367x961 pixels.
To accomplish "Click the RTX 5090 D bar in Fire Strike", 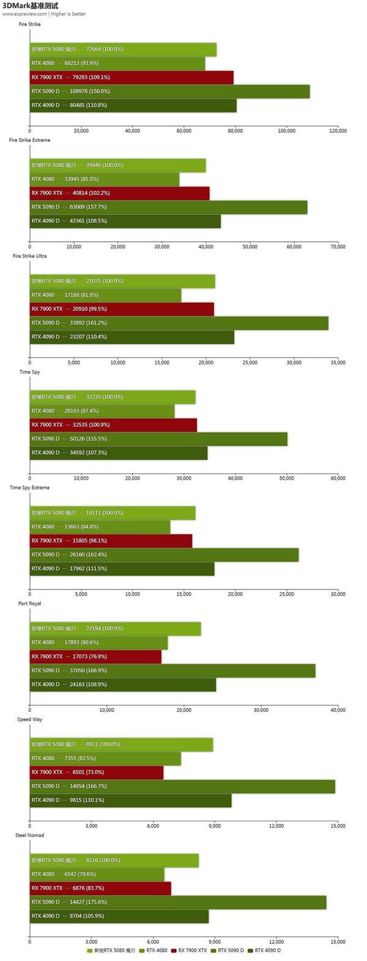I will pos(169,91).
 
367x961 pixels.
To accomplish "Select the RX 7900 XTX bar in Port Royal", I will pos(95,656).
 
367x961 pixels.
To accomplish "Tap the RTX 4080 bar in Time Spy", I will pos(102,411).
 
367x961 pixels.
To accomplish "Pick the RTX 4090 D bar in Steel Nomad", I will pos(119,916).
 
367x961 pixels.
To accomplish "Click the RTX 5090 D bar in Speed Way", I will pos(182,786).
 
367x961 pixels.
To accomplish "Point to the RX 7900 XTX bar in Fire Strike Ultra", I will pos(122,308).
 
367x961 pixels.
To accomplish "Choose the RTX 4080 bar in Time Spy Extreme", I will pos(100,526).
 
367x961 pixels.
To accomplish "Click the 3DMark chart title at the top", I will pos(31,6).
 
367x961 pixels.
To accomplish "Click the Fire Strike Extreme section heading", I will pos(30,140).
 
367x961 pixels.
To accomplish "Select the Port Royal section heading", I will pos(30,604).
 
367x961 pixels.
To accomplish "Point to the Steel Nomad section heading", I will pos(30,835).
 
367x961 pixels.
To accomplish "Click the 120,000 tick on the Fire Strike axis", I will pos(338,130).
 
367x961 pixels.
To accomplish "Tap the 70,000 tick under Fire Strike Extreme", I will pos(338,247).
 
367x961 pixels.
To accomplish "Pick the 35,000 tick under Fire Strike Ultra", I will pos(338,362).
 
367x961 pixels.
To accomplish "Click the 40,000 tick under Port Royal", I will pos(338,710).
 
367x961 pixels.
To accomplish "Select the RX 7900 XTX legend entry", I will pos(190,951).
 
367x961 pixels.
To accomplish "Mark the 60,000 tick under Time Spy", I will pos(338,478).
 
